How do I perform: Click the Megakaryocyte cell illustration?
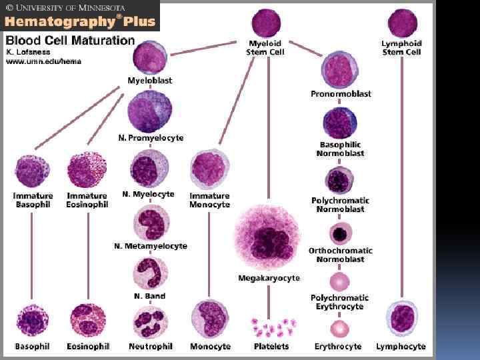tap(268, 237)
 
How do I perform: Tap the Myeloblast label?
tap(149, 80)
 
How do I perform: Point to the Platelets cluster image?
tap(272, 327)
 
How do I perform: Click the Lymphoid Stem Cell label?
tap(402, 47)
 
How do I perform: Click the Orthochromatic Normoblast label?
tap(340, 255)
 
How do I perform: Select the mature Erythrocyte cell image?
tap(340, 329)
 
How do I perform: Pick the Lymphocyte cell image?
tap(403, 318)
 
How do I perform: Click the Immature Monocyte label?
tap(210, 200)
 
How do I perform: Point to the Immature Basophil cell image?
tap(33, 171)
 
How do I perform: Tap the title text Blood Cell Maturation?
tap(70, 40)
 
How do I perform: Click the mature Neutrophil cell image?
tap(151, 321)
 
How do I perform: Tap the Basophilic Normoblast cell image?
tap(340, 123)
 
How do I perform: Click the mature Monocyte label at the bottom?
tap(210, 347)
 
